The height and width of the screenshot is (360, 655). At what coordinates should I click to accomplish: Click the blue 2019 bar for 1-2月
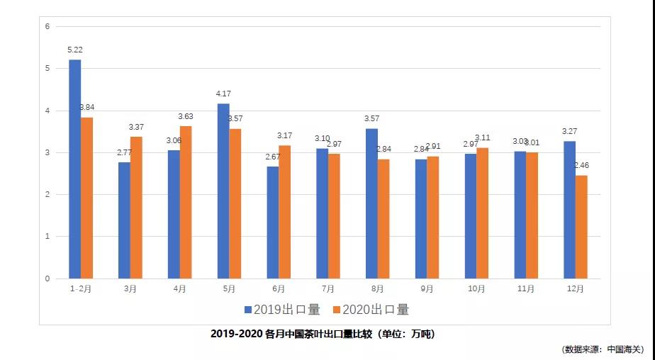[74, 169]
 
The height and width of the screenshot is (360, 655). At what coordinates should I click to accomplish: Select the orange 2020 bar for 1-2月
[86, 198]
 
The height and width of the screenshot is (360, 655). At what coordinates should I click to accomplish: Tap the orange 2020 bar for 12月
[581, 227]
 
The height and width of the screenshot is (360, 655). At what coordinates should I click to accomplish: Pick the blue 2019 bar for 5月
[223, 191]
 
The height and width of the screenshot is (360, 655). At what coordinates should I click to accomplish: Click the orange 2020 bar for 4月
[186, 202]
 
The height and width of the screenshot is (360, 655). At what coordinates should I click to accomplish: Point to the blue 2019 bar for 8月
[371, 203]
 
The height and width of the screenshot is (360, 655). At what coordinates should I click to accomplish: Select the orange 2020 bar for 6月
[284, 212]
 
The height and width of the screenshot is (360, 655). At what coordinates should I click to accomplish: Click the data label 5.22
[75, 50]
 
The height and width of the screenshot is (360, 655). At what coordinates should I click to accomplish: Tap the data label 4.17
[224, 94]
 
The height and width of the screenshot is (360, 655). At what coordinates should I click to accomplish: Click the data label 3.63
[186, 116]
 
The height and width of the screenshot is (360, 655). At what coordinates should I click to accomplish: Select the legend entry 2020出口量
[371, 310]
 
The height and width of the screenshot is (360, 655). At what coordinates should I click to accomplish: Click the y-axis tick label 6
[47, 27]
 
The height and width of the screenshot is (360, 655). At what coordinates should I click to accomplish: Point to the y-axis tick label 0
[47, 279]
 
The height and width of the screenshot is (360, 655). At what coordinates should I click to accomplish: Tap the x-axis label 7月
[327, 289]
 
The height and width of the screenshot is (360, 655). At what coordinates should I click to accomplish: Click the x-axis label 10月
[476, 289]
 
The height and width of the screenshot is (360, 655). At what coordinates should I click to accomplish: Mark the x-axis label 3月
[130, 289]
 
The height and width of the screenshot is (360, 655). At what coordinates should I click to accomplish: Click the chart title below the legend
[323, 334]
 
